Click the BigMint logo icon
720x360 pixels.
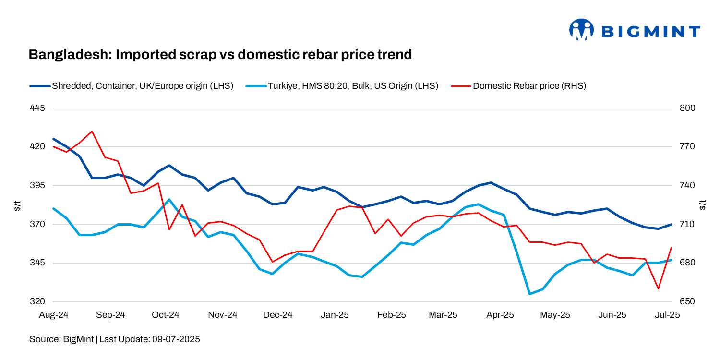pyautogui.click(x=581, y=30)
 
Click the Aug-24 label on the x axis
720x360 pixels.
pyautogui.click(x=53, y=315)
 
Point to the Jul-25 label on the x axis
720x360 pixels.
pyautogui.click(x=668, y=315)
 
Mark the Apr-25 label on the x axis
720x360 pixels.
pyautogui.click(x=500, y=315)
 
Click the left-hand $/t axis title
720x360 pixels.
pyautogui.click(x=18, y=206)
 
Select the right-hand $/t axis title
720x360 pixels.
pyautogui.click(x=703, y=206)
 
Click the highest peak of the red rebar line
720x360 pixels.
pyautogui.click(x=92, y=131)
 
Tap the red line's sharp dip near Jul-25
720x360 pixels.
pyautogui.click(x=658, y=289)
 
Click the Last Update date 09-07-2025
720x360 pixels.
pyautogui.click(x=176, y=339)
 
